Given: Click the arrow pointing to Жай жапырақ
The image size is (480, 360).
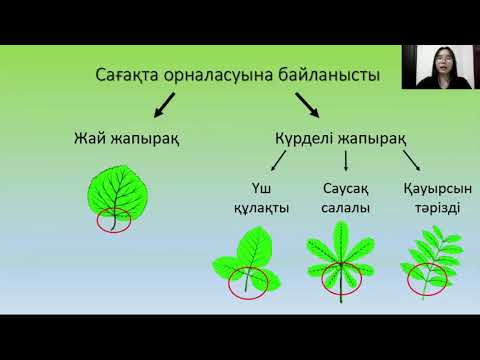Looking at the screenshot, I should tap(161, 104).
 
